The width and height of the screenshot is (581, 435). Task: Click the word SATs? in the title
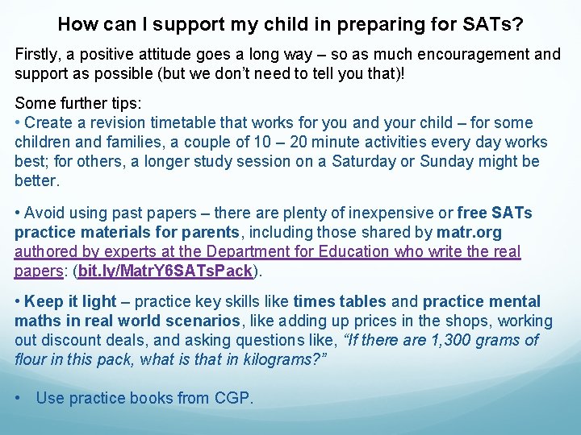(x=493, y=24)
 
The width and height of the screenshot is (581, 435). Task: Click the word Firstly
(x=37, y=55)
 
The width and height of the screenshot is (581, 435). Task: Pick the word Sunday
(x=454, y=161)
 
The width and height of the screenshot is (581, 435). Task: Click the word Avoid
(x=44, y=213)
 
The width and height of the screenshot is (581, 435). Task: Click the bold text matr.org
(x=469, y=233)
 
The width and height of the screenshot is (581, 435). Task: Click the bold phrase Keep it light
(x=70, y=301)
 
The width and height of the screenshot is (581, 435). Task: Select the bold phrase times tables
(x=340, y=301)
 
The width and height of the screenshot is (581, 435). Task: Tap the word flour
(x=31, y=359)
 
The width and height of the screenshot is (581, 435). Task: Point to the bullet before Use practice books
(x=19, y=399)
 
